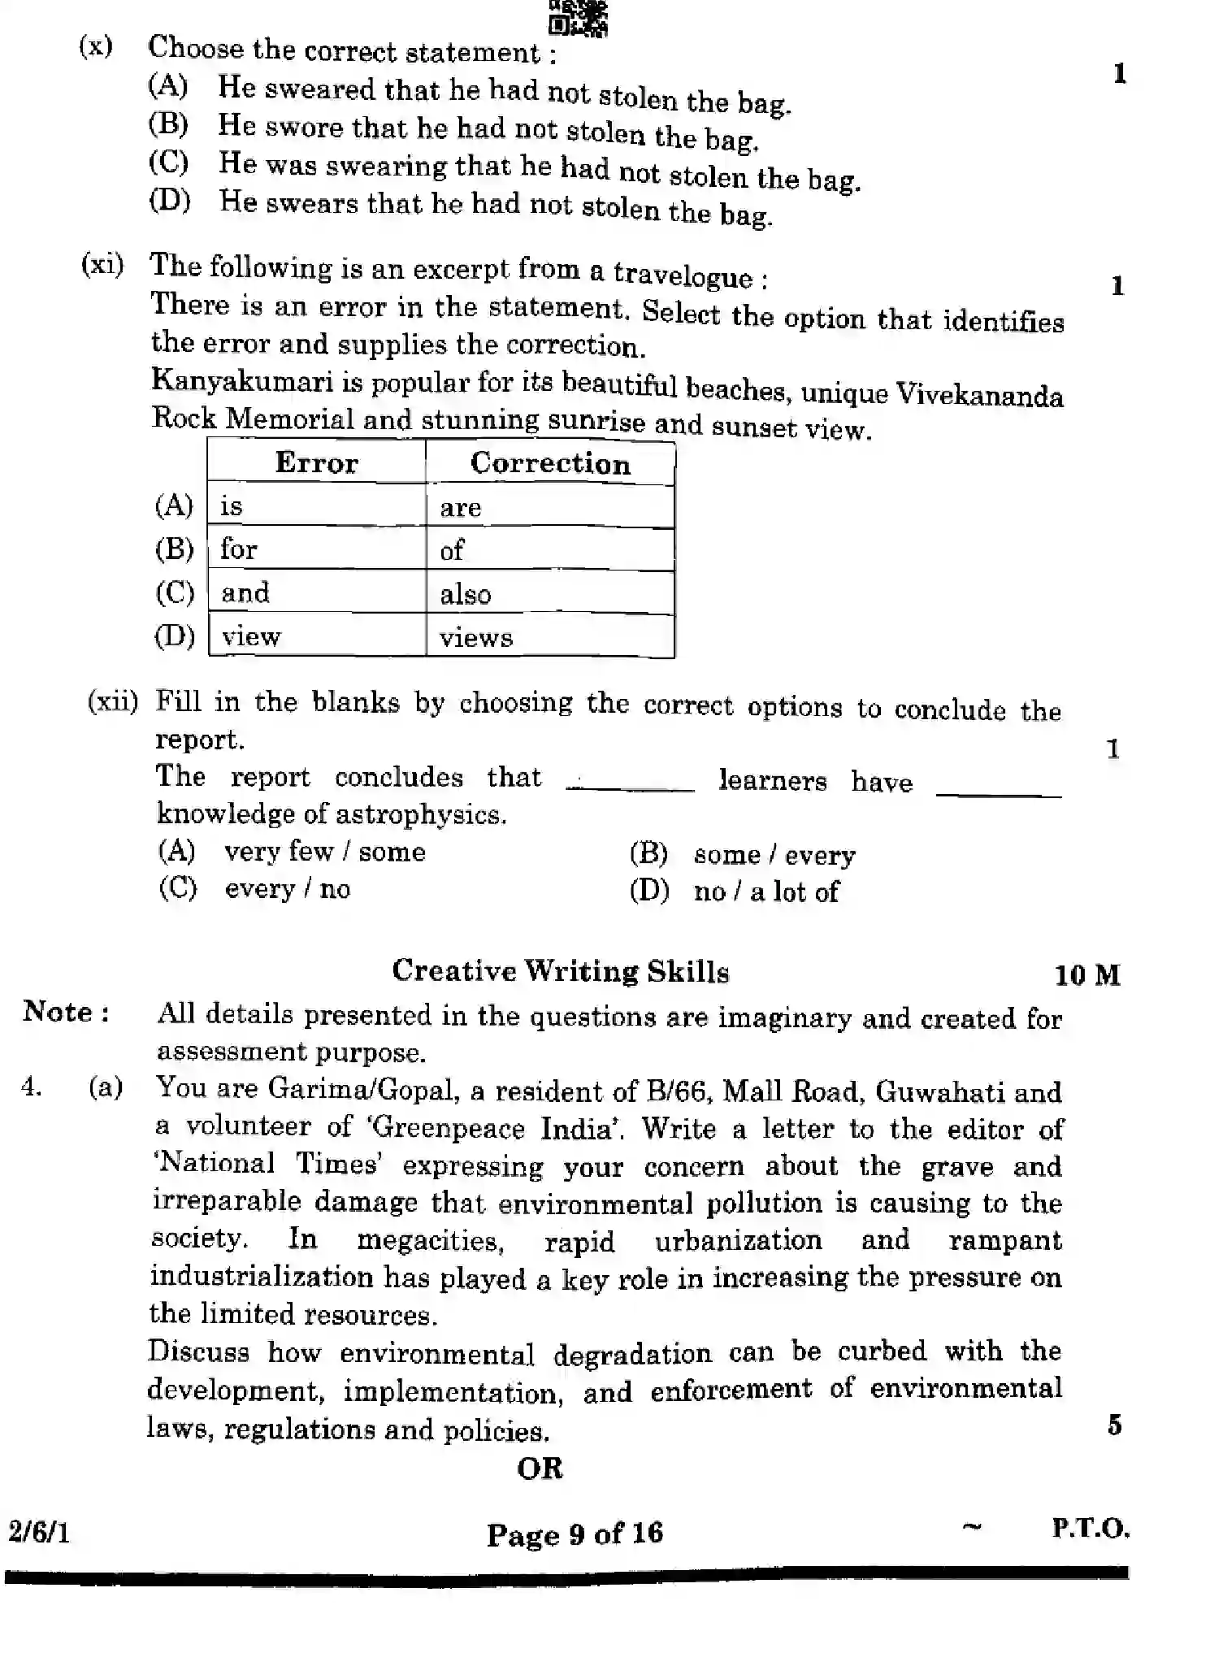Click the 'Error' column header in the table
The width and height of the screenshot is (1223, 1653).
316,463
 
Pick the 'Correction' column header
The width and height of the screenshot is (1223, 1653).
550,463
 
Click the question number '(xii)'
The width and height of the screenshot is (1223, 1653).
112,701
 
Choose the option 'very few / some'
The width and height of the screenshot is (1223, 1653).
324,852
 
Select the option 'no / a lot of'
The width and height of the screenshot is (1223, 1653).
765,892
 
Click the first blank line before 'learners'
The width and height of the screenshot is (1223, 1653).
631,787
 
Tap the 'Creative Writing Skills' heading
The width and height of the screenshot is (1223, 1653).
561,971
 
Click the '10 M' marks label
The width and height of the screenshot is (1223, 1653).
1086,974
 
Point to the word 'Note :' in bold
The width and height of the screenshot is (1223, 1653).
67,1012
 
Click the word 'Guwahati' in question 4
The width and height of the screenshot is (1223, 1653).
939,1091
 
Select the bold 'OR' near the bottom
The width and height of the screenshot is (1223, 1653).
540,1469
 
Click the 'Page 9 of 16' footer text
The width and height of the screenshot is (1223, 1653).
575,1534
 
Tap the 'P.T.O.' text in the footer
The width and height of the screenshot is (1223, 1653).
1090,1529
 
